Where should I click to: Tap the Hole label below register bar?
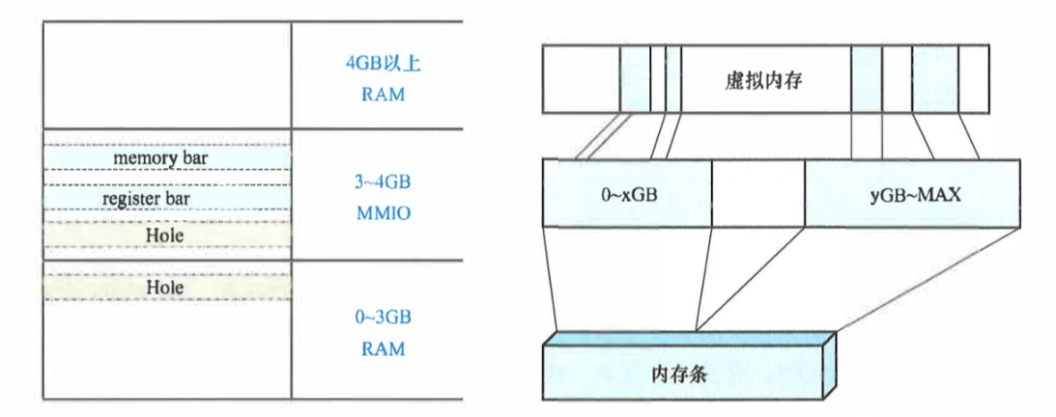click(166, 234)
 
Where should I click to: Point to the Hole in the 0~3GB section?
click(166, 287)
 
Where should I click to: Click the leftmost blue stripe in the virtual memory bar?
click(634, 81)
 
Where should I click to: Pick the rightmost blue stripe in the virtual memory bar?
click(932, 81)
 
